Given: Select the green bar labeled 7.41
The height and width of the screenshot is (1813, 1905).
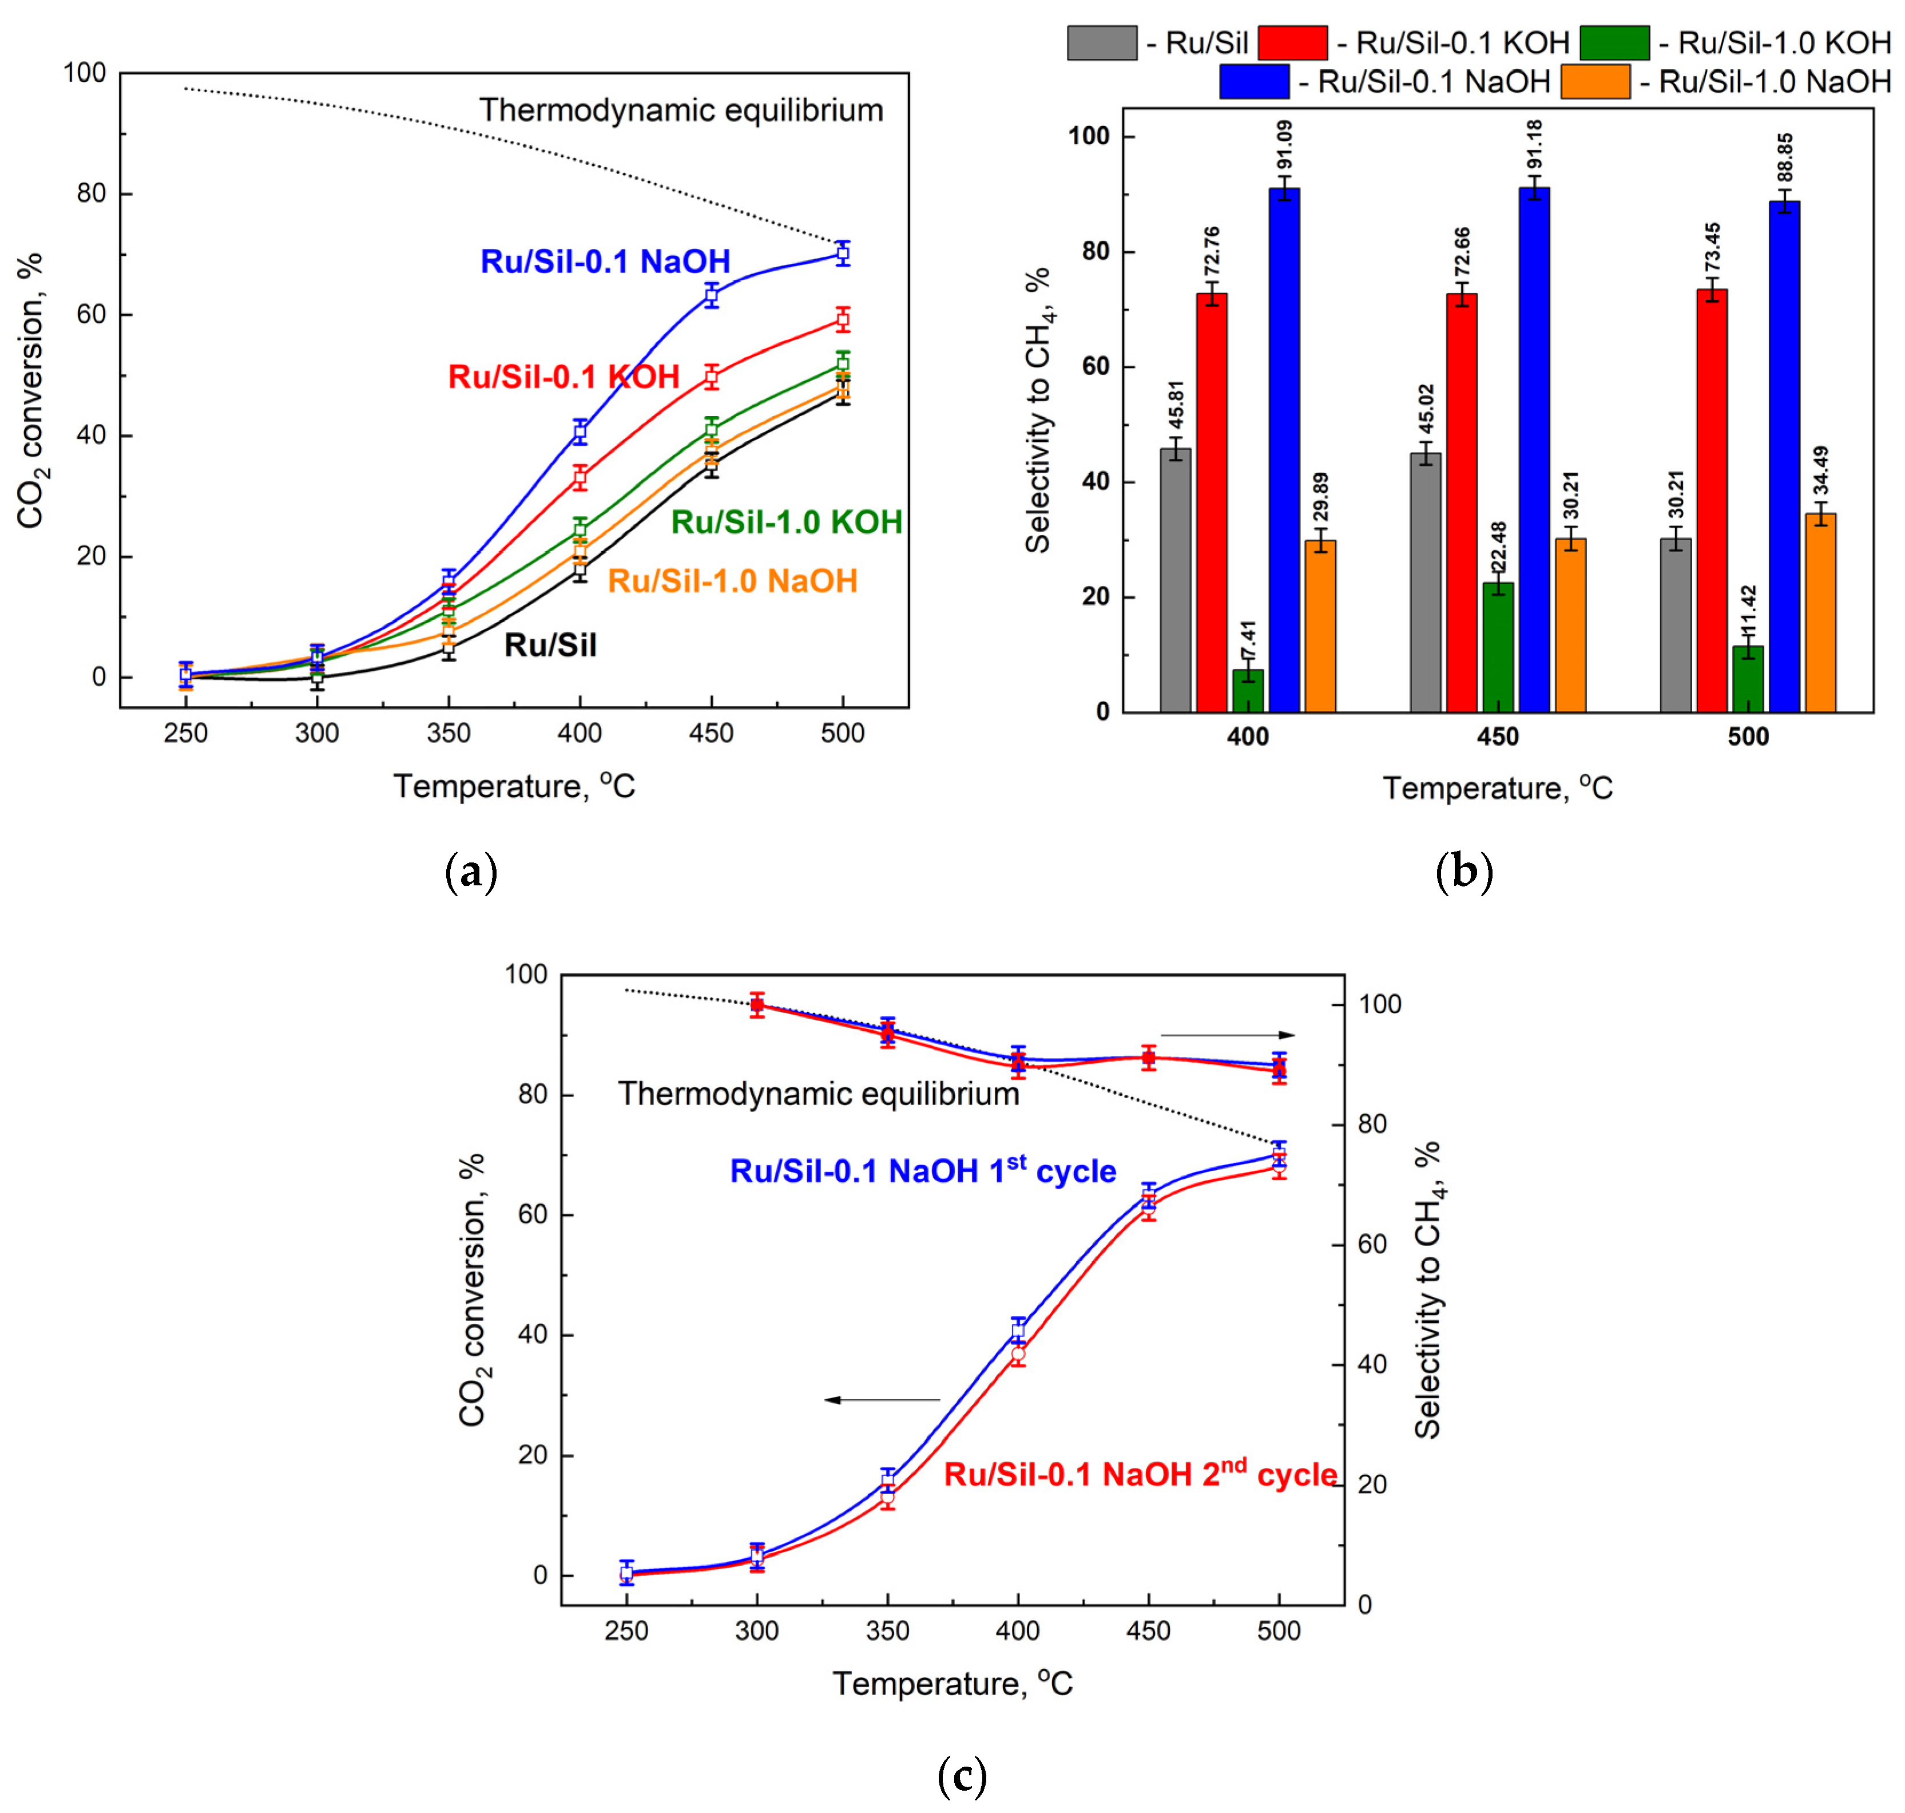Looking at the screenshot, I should [x=1247, y=690].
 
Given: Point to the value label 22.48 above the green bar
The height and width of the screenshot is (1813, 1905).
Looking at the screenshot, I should [x=1497, y=548].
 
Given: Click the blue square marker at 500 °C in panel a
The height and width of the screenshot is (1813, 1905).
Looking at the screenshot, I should [x=842, y=254].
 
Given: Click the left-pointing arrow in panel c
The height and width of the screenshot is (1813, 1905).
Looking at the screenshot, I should [x=881, y=1399].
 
